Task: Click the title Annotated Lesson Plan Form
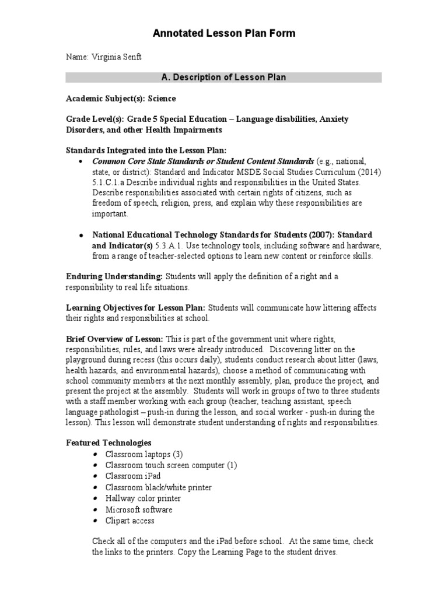pos(223,34)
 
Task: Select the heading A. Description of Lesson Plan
pos(223,78)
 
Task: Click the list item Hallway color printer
pos(143,498)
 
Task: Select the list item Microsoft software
pos(139,510)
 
